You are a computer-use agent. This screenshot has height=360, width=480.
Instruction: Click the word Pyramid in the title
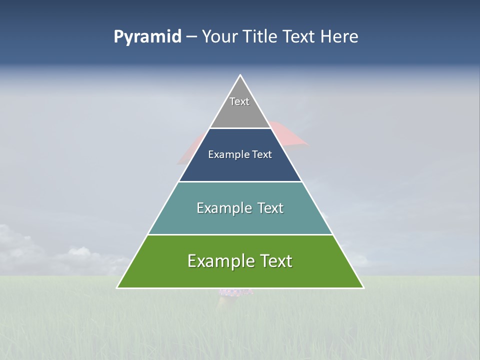click(x=147, y=37)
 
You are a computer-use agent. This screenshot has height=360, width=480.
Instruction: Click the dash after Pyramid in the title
click(x=191, y=37)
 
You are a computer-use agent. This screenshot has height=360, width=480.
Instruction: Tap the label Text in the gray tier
click(x=239, y=101)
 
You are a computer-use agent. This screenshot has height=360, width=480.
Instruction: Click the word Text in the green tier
click(x=275, y=261)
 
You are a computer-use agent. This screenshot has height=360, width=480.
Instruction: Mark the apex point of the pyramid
click(x=240, y=75)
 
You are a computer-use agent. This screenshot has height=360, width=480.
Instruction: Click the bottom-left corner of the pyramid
click(x=117, y=287)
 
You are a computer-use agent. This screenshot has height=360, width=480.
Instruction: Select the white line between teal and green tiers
click(x=240, y=234)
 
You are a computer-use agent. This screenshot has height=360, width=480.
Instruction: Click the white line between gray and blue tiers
click(x=240, y=128)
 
